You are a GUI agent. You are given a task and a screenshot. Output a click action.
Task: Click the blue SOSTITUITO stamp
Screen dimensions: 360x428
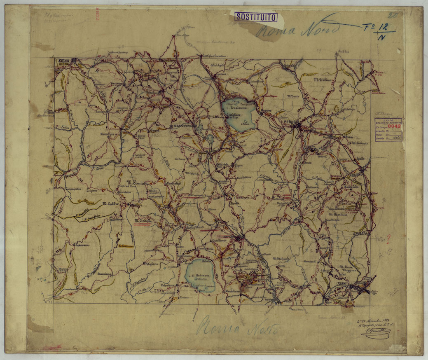click(x=256, y=17)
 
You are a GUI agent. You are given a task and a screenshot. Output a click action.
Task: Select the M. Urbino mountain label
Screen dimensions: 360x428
click(x=323, y=79)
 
